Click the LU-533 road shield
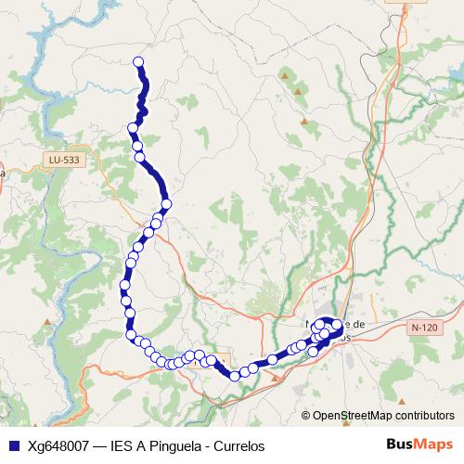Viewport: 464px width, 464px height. pos(62,160)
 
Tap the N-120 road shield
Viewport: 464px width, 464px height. pos(423,328)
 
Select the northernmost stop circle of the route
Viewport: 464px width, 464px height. pos(138,62)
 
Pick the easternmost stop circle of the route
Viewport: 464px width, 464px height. pos(338,328)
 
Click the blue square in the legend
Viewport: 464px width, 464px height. pos(13,445)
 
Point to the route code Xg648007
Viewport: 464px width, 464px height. pos(58,445)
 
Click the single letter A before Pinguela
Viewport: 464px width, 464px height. pos(142,445)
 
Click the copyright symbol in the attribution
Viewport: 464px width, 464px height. pos(306,416)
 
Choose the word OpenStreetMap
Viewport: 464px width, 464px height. pos(352,416)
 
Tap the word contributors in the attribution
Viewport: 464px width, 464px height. pos(423,416)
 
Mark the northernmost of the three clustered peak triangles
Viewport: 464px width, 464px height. pos(284,72)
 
